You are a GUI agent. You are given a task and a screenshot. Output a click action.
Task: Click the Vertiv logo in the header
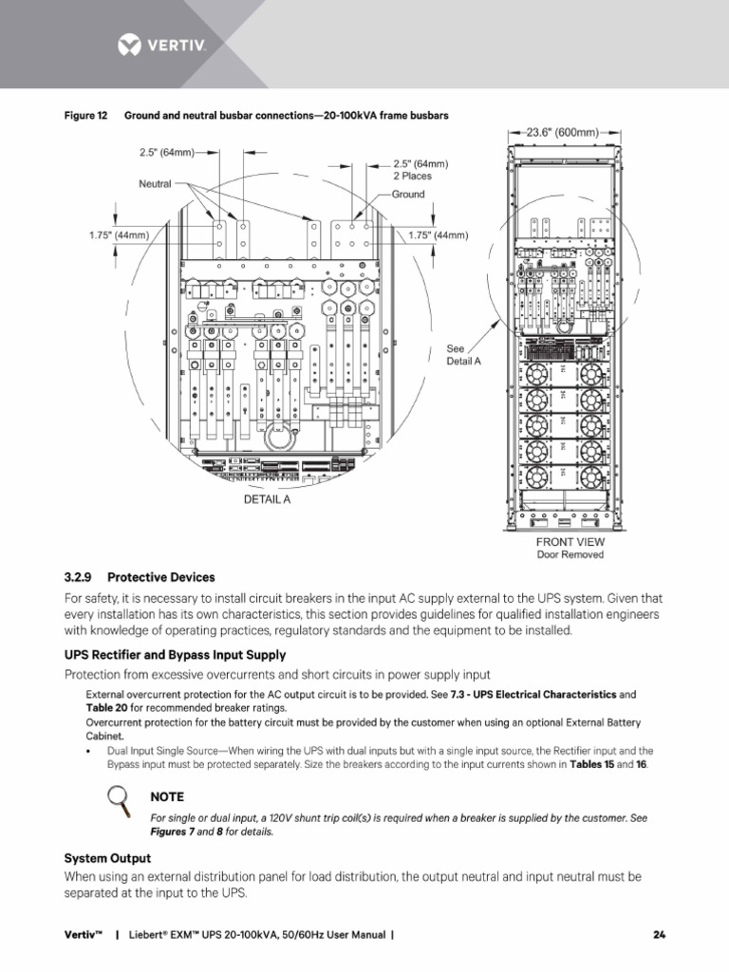coord(160,44)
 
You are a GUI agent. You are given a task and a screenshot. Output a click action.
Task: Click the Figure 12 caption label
coord(84,116)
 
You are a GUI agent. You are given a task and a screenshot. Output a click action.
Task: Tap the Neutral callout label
coord(155,183)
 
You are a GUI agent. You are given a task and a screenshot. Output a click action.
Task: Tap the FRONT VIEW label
coord(570,542)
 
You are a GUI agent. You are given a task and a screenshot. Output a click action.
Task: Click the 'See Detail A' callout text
coord(463,355)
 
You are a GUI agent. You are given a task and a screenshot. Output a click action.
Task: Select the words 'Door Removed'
coord(570,554)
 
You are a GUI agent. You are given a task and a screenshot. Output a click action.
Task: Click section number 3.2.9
coord(81,577)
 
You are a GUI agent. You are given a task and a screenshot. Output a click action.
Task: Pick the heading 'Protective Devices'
coord(161,577)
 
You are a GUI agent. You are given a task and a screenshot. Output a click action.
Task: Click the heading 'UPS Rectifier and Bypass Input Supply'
coord(175,655)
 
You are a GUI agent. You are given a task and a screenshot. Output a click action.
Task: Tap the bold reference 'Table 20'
coord(105,708)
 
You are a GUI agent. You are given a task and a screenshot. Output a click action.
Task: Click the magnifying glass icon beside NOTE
coord(120,801)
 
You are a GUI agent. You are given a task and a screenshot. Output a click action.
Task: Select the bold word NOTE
coord(168,796)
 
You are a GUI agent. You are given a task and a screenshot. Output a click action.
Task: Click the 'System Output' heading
coord(107,858)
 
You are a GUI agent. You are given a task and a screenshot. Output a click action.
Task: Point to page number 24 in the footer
coord(659,935)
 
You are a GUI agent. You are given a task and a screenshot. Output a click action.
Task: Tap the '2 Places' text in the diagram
coord(414,176)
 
